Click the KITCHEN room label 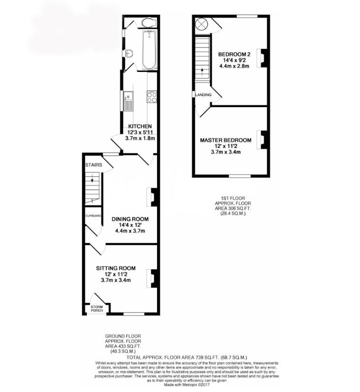(x=140, y=126)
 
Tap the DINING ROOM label (x=130, y=219)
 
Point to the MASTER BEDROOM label (x=225, y=140)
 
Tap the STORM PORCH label (x=90, y=309)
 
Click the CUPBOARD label (x=93, y=216)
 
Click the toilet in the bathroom (x=148, y=22)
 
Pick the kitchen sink (x=129, y=100)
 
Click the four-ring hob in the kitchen (x=152, y=97)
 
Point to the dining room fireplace (x=153, y=197)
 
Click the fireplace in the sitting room (x=153, y=279)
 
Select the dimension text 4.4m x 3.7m (x=130, y=231)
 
